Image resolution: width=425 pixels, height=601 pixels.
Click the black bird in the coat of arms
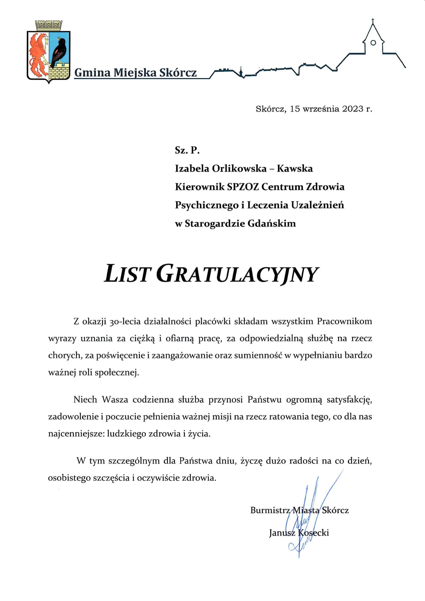pos(59,51)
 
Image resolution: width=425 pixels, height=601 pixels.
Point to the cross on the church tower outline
pos(373,21)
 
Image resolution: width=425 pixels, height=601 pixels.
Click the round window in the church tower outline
pos(373,43)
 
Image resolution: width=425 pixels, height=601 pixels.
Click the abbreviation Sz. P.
pos(187,150)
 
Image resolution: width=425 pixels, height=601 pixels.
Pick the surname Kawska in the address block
pos(294,168)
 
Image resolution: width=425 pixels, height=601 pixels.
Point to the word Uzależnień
pos(317,205)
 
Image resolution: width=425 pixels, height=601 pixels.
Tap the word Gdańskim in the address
pos(271,223)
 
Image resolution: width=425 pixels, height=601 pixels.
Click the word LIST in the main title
pos(126,274)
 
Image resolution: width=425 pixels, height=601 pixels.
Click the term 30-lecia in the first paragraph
pos(124,321)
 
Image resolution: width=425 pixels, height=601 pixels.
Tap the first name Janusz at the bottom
pos(282,533)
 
